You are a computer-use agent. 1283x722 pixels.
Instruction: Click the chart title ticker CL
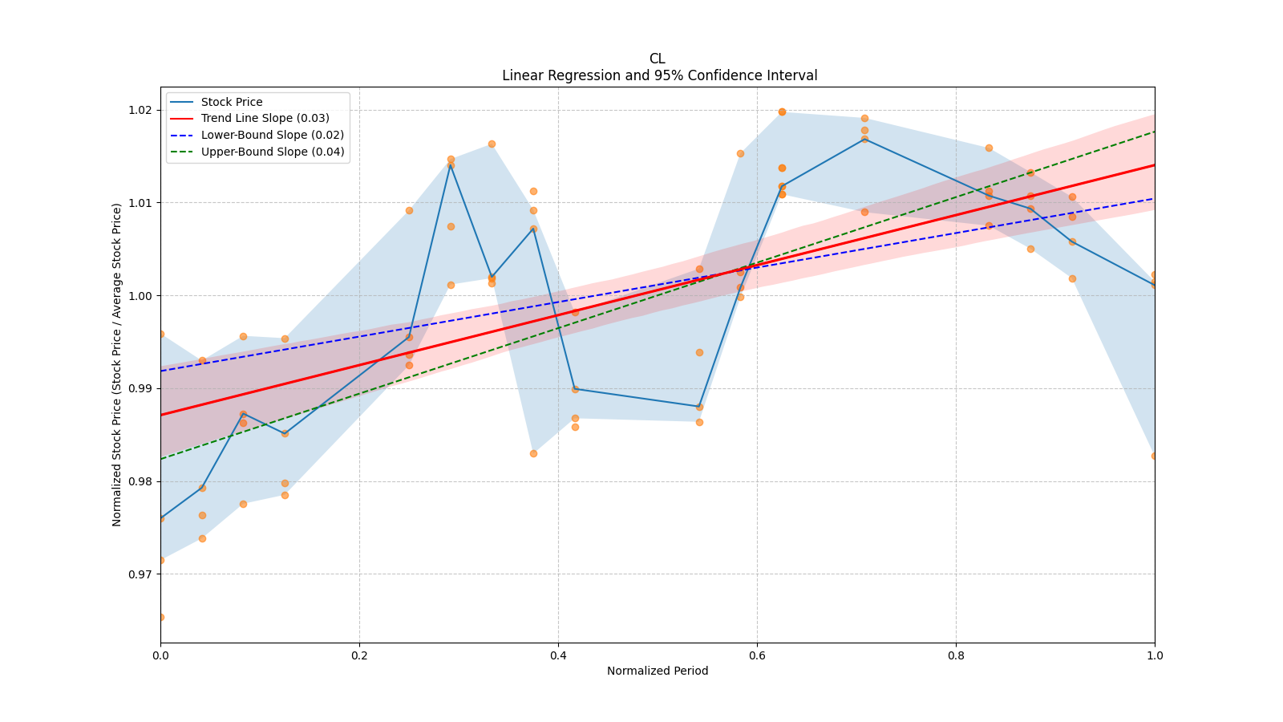click(657, 59)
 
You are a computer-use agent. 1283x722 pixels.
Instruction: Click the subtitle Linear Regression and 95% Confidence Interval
click(659, 75)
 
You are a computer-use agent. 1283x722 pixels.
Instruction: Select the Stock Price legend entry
click(232, 102)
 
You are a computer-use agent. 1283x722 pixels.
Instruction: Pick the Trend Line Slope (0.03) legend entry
click(265, 119)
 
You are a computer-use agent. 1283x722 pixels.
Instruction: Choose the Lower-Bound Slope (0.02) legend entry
click(272, 135)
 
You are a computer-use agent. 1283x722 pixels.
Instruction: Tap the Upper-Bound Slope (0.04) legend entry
click(273, 152)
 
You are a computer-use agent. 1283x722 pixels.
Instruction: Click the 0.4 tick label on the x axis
click(558, 655)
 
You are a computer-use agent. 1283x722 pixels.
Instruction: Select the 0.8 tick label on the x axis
click(956, 655)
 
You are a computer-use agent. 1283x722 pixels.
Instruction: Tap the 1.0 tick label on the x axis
click(1155, 655)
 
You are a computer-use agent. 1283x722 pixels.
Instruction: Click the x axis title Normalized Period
click(658, 671)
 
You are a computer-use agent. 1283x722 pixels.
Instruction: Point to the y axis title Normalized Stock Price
click(117, 364)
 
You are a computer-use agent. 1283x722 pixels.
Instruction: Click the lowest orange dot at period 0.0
click(160, 617)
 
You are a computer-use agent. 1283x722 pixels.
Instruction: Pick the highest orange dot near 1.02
click(782, 112)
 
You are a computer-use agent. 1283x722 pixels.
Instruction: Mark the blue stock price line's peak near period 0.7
click(864, 139)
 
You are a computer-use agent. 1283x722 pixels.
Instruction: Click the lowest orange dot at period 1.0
click(1155, 456)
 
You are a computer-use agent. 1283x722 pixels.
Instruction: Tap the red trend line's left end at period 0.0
click(161, 415)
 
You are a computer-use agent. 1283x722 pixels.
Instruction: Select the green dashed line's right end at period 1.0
click(1154, 132)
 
